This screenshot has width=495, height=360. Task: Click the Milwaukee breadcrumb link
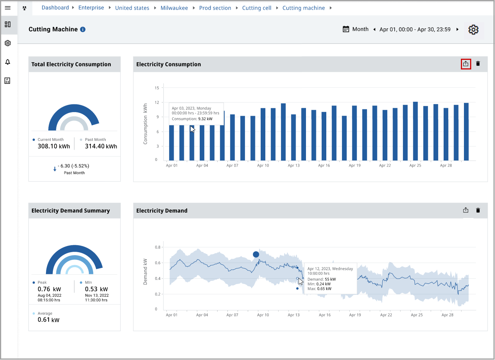(174, 8)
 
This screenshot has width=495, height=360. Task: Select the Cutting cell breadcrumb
(257, 8)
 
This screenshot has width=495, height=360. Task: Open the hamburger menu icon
(8, 8)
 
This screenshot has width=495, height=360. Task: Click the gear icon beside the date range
(474, 30)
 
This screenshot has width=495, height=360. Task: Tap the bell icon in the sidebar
(8, 62)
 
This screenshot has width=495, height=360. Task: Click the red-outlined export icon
(465, 64)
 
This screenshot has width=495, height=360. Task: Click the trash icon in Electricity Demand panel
(478, 210)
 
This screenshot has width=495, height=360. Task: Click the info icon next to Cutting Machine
(83, 30)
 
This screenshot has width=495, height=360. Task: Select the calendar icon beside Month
(346, 29)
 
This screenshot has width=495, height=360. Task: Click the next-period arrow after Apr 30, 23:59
(457, 30)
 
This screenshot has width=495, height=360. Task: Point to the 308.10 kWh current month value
(54, 146)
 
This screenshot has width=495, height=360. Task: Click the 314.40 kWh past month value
(101, 146)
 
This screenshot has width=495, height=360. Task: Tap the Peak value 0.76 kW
(49, 289)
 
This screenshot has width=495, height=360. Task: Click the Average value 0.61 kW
(48, 320)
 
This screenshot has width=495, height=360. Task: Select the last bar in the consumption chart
(466, 132)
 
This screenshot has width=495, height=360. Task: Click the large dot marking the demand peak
(256, 254)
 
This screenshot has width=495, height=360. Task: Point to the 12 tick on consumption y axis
(157, 102)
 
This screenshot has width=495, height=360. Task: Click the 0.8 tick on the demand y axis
(158, 247)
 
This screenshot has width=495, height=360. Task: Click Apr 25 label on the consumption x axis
(415, 165)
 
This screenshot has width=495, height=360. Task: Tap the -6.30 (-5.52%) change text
(74, 166)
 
